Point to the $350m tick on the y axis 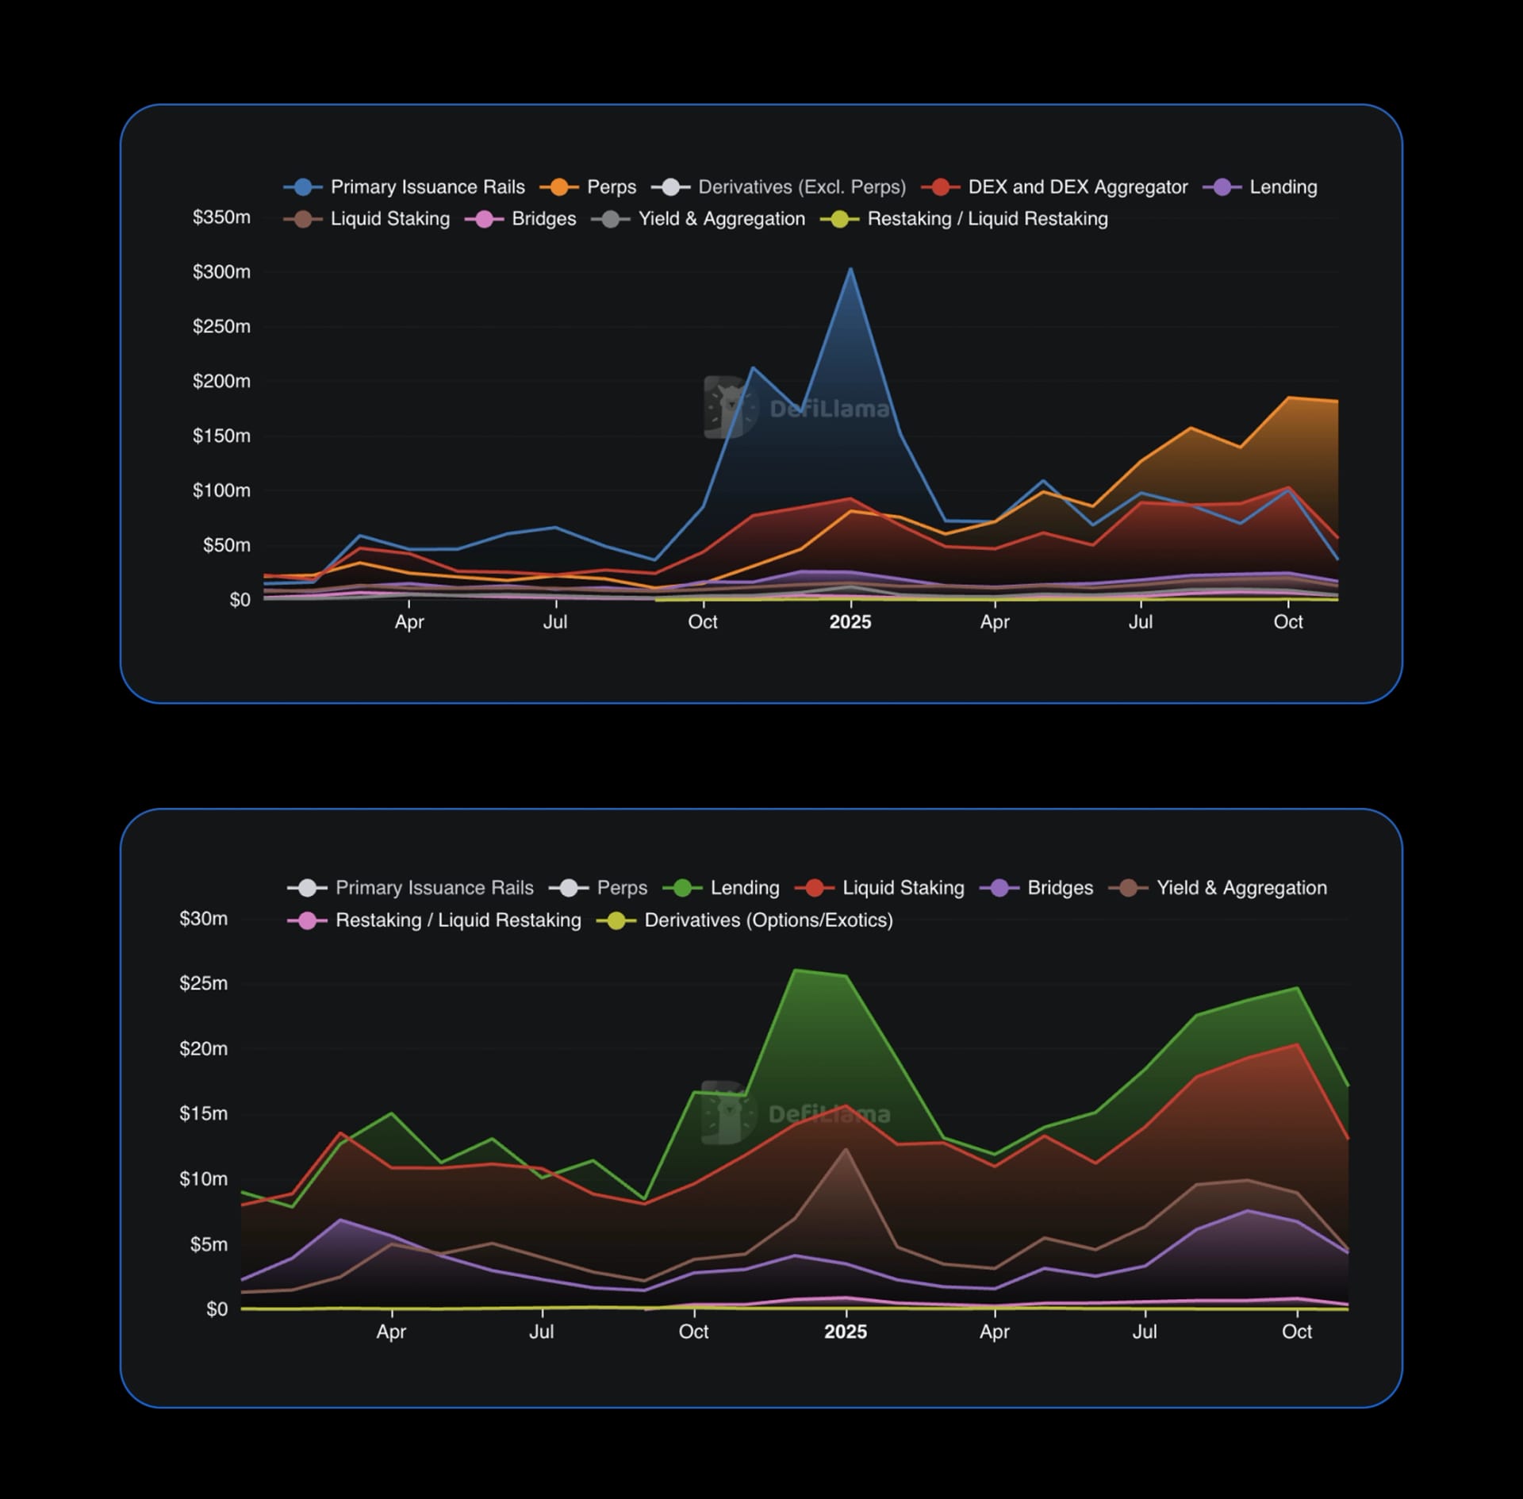[221, 217]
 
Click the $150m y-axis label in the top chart [221, 436]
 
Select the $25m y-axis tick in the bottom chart [203, 983]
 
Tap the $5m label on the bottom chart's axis [208, 1243]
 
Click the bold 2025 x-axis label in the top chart [850, 622]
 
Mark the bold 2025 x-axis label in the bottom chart [845, 1332]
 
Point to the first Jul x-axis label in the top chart [554, 622]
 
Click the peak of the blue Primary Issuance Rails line [850, 269]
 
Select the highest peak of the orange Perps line [1289, 398]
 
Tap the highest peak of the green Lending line [796, 970]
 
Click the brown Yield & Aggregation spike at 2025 [846, 1148]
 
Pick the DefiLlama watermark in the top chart [797, 408]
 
